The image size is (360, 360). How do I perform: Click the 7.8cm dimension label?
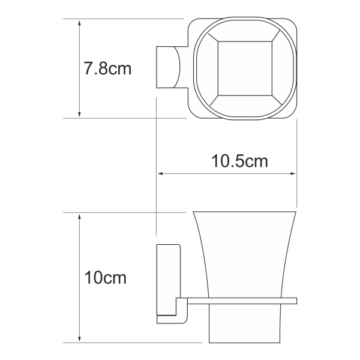[107, 69]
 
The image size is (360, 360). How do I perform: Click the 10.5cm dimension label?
[239, 161]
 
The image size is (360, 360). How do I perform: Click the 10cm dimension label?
[105, 278]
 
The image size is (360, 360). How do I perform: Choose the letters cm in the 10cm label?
[117, 278]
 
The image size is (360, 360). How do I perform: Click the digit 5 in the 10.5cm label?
[238, 161]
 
